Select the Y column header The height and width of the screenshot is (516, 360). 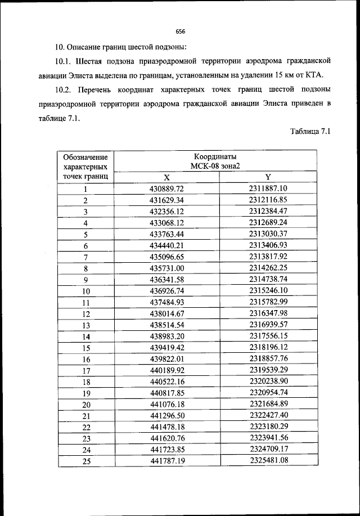(x=268, y=177)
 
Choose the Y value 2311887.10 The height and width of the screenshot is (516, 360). (x=268, y=189)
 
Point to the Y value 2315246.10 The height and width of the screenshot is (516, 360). (x=268, y=291)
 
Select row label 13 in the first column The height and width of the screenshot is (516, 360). (x=86, y=325)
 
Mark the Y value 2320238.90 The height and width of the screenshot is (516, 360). (x=268, y=382)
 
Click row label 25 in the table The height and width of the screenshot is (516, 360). (x=86, y=461)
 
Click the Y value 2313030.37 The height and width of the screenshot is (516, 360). (x=268, y=234)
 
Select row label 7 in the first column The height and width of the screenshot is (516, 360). (x=86, y=257)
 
